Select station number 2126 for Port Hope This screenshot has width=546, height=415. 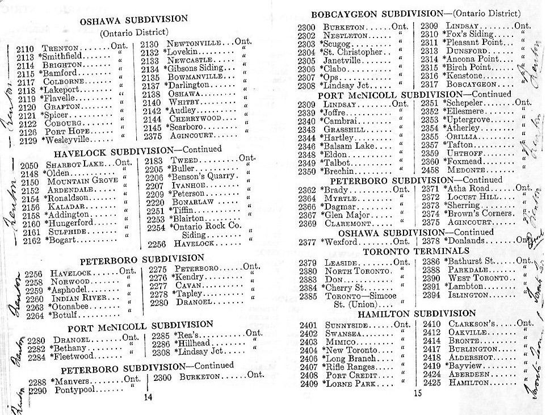[27, 132]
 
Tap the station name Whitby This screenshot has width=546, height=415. [182, 102]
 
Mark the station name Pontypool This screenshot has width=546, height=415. [74, 391]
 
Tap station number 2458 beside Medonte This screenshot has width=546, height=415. [430, 170]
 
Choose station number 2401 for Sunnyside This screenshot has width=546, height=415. [309, 325]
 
